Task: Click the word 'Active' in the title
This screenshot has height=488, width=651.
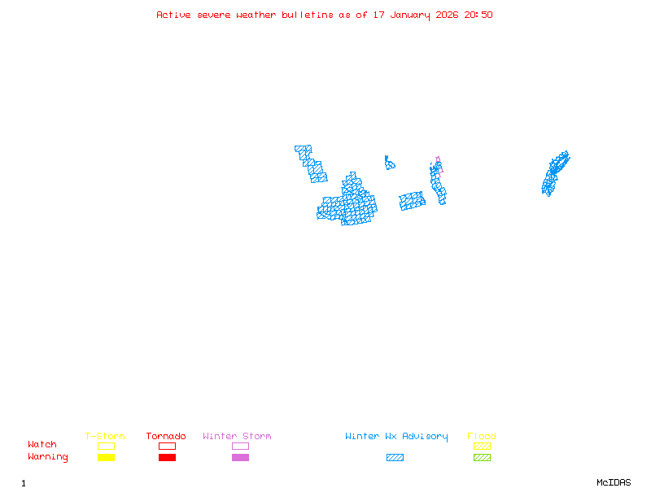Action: (x=173, y=15)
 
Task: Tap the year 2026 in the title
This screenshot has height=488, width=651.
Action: (x=446, y=15)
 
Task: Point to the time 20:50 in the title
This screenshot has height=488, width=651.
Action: (x=478, y=15)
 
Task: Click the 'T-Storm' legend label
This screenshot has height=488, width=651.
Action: (x=105, y=437)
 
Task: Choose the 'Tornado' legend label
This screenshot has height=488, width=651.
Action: (x=166, y=437)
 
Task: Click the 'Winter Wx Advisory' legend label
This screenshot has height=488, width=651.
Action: (x=396, y=437)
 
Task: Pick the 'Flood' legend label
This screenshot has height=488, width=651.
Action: (x=482, y=437)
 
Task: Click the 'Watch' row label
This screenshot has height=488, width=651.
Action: (x=42, y=445)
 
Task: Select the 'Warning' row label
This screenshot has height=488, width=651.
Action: (x=48, y=457)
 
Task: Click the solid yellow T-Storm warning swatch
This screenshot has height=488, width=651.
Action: (x=106, y=458)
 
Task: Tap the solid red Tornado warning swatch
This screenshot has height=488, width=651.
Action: (x=167, y=458)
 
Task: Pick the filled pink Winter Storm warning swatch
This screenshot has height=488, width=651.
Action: (x=240, y=458)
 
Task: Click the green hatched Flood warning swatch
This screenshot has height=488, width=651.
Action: (x=482, y=458)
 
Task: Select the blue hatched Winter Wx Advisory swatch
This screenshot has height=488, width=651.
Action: (x=395, y=458)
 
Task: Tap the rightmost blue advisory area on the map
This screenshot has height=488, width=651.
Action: (x=554, y=172)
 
